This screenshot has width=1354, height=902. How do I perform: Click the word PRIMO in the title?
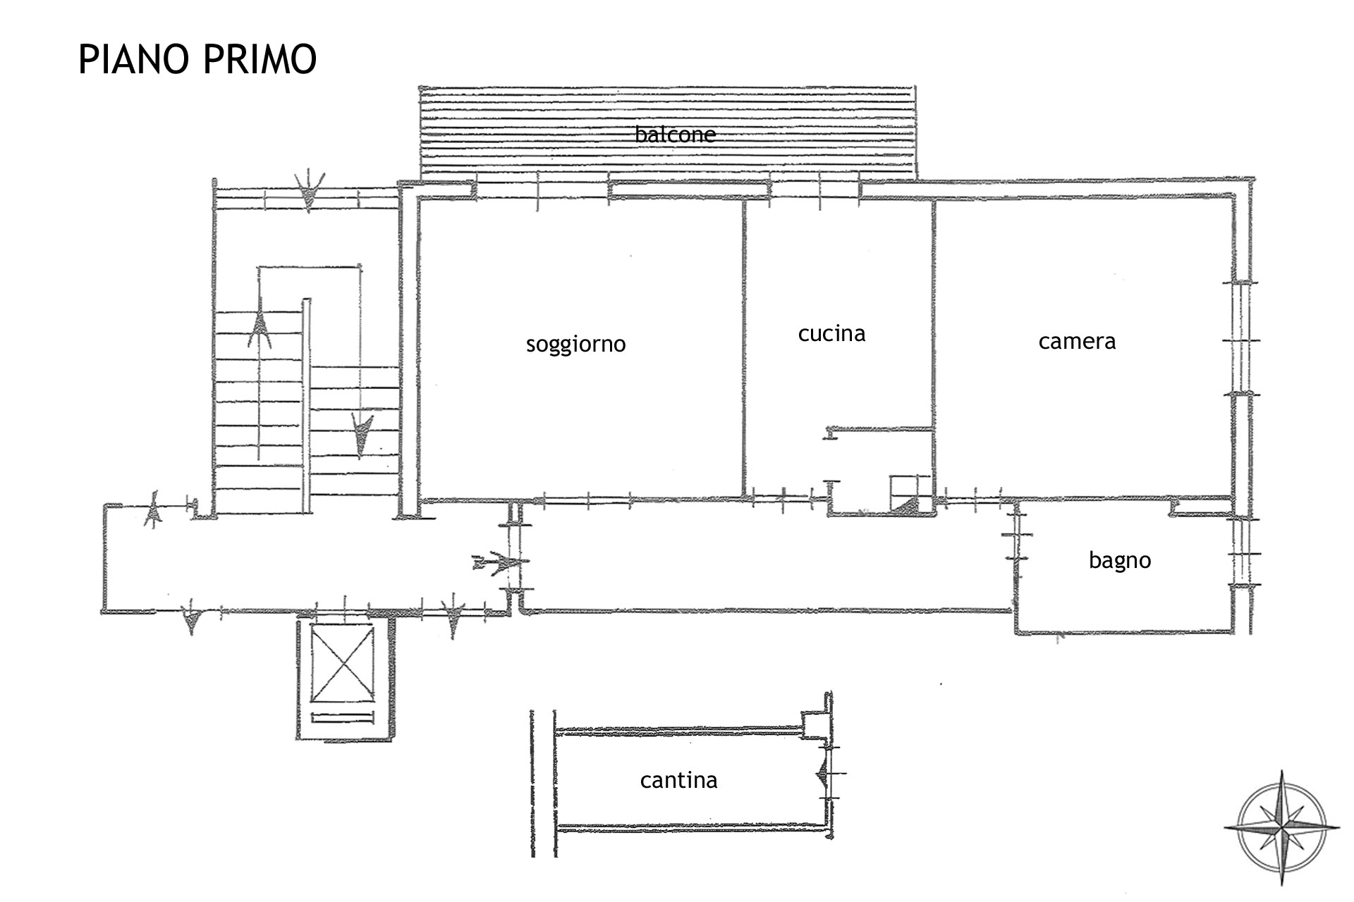260,59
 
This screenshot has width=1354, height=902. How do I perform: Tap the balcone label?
675,134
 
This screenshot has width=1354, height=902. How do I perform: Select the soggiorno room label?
575,345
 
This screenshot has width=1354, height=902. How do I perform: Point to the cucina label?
831,333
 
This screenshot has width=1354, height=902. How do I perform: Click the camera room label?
1077,342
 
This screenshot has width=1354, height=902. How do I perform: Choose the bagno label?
1119,561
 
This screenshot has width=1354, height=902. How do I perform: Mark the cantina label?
678,780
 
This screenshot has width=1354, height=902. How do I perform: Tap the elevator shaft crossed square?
342,664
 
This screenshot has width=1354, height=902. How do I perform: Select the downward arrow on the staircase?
362,435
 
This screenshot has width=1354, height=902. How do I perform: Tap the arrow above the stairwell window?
310,190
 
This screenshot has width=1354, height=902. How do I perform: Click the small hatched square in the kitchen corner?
911,495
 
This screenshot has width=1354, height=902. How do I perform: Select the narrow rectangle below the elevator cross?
342,718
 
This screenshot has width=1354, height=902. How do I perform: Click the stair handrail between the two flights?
306,406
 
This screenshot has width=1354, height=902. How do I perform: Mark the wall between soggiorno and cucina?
744,350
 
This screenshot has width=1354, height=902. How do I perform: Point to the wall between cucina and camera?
934,350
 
